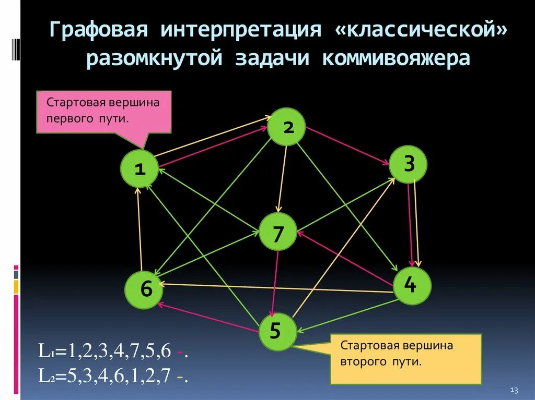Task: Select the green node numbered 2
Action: pyautogui.click(x=287, y=127)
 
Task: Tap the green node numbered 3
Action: pyautogui.click(x=409, y=164)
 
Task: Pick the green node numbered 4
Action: pyautogui.click(x=412, y=285)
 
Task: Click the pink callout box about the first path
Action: pyautogui.click(x=104, y=111)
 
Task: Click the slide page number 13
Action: pyautogui.click(x=513, y=391)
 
